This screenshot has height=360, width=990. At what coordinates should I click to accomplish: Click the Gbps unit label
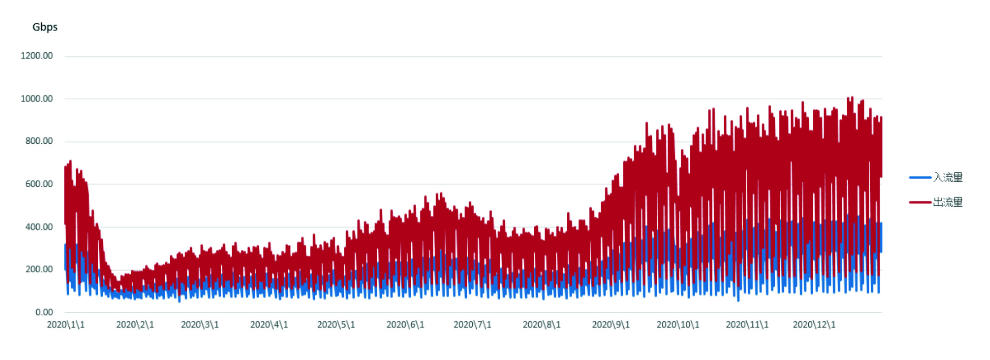(45, 27)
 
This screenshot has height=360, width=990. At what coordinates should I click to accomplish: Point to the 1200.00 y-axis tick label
(37, 56)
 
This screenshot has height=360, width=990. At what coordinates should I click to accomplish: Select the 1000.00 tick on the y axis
(37, 99)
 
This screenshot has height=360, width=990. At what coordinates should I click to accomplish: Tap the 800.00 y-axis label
(39, 141)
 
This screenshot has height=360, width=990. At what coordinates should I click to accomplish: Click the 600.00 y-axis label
(39, 184)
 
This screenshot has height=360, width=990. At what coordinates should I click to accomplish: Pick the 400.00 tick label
(39, 227)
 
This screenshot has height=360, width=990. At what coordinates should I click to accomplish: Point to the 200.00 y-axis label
(39, 270)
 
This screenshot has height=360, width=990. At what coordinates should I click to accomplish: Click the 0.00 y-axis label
(44, 312)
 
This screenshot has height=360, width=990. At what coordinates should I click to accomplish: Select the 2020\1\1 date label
(66, 325)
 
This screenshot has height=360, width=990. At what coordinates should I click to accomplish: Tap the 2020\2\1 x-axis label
(135, 325)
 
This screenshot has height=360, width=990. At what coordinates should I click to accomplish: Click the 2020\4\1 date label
(269, 325)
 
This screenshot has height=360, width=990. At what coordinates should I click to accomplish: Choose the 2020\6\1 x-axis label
(405, 325)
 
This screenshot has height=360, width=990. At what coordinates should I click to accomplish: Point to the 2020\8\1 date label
(542, 325)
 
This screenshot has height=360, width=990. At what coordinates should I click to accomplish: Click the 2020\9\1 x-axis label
(611, 325)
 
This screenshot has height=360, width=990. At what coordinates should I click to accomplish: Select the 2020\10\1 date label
(678, 325)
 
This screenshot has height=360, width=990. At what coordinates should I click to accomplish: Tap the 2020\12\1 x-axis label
(814, 325)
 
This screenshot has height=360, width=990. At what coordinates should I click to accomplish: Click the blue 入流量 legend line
(920, 177)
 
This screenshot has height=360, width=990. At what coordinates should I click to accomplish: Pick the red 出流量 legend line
(920, 202)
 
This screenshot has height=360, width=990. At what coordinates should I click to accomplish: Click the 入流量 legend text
(948, 177)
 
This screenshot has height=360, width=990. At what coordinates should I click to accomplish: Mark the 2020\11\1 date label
(747, 325)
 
